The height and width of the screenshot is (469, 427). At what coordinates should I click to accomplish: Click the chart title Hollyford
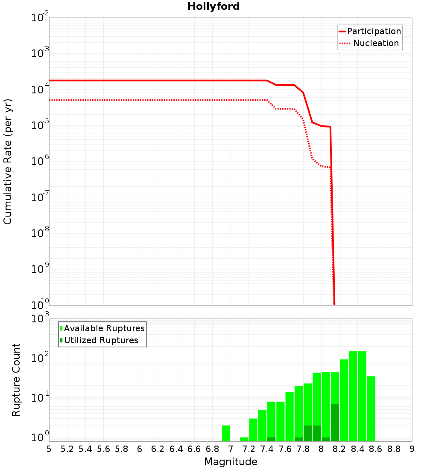pos(213,6)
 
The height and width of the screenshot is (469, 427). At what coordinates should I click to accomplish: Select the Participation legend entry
pos(374,31)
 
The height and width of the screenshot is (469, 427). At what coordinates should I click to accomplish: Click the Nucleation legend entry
pos(375,43)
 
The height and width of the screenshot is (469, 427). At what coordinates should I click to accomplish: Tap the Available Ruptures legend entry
pos(104,328)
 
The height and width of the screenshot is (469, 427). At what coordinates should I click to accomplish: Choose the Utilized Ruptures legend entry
pos(101,340)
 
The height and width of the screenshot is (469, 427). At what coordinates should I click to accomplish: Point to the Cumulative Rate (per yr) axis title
pos(8,161)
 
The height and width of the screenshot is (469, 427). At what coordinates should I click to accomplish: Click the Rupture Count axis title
pos(16,379)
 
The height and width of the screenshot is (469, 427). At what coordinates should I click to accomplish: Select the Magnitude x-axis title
pos(231,462)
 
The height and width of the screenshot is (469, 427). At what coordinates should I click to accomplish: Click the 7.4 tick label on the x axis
pos(267,449)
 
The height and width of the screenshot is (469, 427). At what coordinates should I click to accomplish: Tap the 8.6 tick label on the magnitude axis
pos(376,449)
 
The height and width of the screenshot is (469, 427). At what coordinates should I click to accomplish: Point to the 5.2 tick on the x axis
pos(67,449)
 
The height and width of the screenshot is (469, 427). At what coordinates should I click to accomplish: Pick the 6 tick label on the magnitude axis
pos(140,449)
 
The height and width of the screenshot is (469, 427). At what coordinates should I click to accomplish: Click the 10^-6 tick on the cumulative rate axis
pos(40,161)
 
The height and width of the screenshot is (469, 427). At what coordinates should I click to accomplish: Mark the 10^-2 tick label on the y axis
pos(40,17)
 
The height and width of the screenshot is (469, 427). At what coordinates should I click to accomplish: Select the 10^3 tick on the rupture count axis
pos(40,318)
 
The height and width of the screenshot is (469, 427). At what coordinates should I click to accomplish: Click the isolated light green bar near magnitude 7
pos(226,433)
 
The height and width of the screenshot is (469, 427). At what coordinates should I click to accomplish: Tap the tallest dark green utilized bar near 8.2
pos(335,422)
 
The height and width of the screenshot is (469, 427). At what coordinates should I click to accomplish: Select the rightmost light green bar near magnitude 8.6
pos(371,408)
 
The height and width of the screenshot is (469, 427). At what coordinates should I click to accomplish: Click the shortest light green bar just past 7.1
pos(244,439)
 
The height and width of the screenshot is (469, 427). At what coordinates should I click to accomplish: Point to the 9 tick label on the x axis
pos(412,449)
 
